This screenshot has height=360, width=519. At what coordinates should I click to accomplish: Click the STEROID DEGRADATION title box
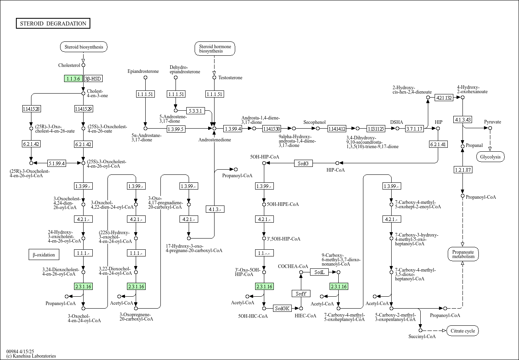click(53, 23)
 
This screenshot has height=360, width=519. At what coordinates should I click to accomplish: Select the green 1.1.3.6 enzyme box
click(73, 78)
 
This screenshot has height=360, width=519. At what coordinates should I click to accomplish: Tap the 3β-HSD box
click(93, 78)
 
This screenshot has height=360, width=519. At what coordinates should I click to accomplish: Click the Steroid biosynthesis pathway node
click(84, 47)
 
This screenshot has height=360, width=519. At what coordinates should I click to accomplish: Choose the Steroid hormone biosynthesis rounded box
click(215, 49)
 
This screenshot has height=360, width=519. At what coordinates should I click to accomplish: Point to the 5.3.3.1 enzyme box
click(195, 111)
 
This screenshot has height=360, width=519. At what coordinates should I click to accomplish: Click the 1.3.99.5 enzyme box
click(176, 129)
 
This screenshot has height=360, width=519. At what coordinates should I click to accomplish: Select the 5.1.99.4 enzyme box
click(57, 163)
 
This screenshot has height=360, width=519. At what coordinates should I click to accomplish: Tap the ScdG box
click(303, 163)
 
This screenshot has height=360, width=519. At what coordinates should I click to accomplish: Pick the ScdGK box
click(282, 308)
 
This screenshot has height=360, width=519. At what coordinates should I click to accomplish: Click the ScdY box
click(301, 293)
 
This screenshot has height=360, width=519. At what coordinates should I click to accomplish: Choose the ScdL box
click(319, 272)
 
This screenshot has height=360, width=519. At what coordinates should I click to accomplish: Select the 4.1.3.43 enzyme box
click(463, 119)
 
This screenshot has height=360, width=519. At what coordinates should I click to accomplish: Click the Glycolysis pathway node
click(490, 157)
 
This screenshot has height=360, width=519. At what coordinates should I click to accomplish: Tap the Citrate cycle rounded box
click(462, 331)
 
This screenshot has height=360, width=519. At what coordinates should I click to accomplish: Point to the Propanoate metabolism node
click(463, 254)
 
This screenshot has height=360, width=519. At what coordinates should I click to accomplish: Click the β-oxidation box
click(44, 254)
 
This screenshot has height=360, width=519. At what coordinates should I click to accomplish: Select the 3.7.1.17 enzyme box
click(414, 129)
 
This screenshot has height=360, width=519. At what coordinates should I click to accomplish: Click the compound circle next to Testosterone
click(214, 77)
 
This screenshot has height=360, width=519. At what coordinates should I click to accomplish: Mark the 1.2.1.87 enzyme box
click(463, 170)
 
